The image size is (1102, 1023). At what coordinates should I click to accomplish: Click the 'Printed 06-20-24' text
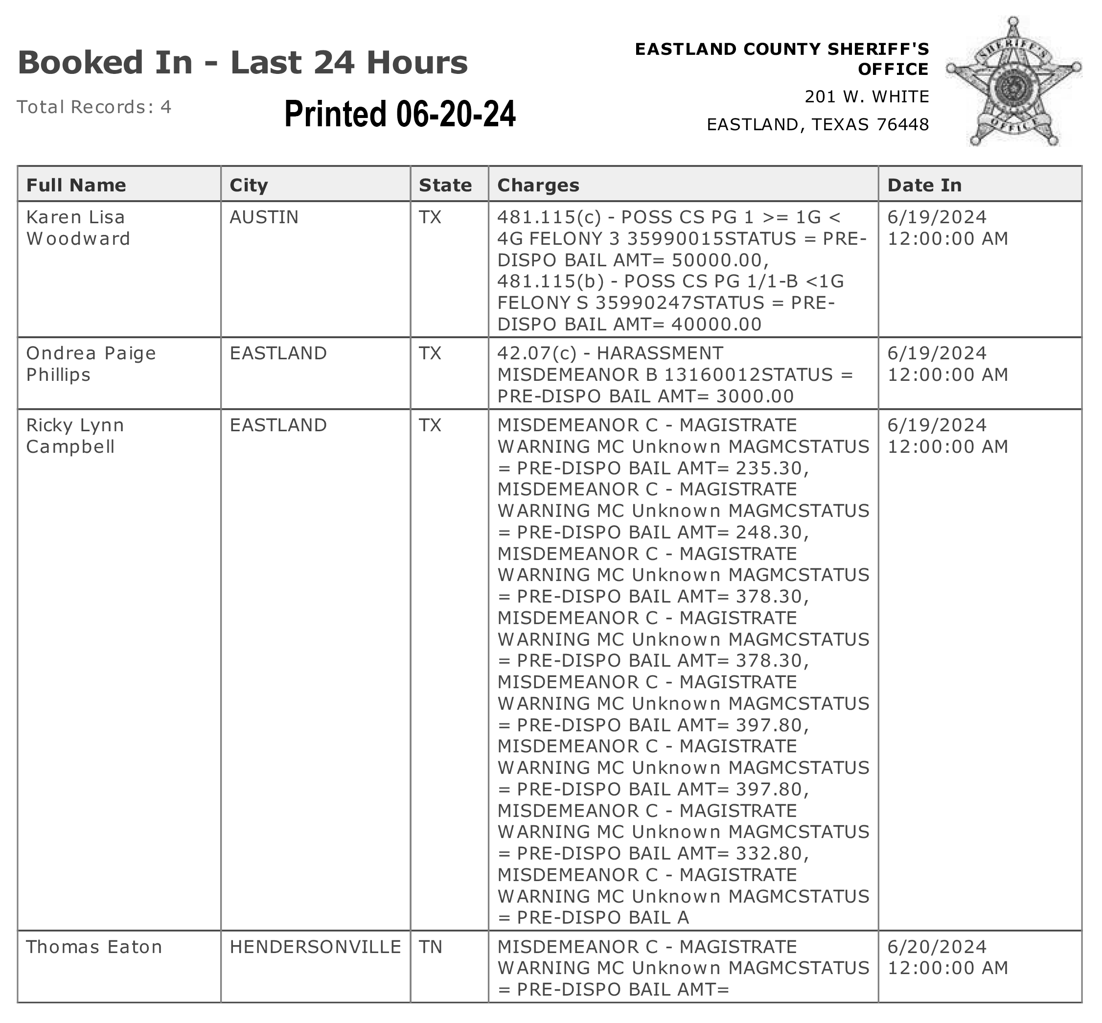coord(400,114)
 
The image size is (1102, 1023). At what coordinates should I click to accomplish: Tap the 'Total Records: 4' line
coord(94,107)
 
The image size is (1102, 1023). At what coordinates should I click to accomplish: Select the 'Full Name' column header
coord(76,185)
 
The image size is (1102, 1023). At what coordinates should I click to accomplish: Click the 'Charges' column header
coord(538,185)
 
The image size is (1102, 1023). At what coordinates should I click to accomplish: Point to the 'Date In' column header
coord(924,185)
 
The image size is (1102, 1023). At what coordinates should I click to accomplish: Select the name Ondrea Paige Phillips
coord(91,364)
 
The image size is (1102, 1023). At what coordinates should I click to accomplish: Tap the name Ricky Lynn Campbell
coord(75,436)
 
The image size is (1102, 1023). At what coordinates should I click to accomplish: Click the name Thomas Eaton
coord(94,947)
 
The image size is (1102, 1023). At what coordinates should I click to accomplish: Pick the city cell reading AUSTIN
coord(264,217)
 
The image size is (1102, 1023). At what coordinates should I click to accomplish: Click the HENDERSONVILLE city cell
coord(315,947)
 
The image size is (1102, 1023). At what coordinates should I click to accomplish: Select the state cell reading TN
coord(431,947)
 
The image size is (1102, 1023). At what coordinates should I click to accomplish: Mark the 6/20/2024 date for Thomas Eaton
coord(937,947)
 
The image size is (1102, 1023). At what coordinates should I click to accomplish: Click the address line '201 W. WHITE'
coord(866,97)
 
